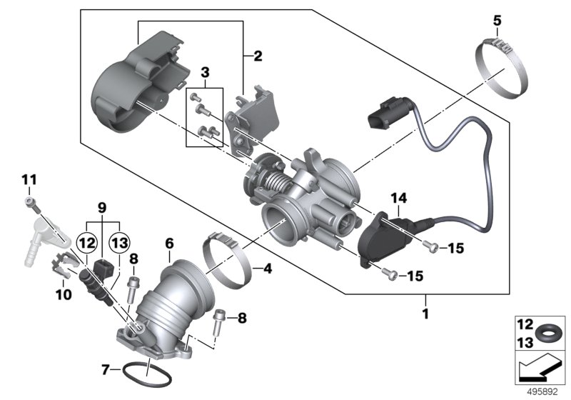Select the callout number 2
258,55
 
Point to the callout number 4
267,270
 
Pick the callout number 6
169,244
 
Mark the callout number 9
103,207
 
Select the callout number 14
397,196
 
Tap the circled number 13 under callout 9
118,242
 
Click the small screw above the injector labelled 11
29,203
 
